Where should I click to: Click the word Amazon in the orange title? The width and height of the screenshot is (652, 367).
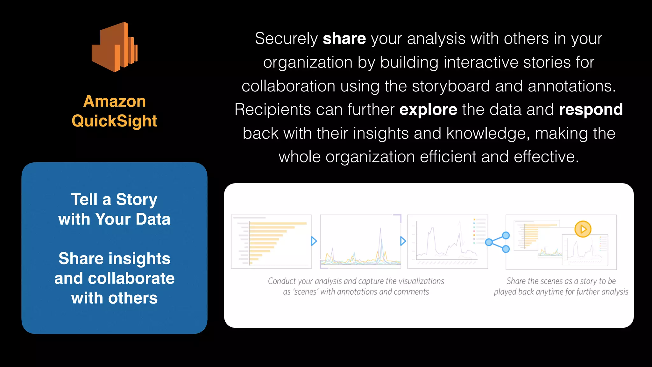point(115,101)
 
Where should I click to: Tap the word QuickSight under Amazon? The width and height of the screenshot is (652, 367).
point(115,121)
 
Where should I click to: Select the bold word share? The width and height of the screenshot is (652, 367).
point(344,39)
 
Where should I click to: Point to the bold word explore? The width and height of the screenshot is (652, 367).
point(428,110)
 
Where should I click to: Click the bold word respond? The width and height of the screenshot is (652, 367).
point(591,110)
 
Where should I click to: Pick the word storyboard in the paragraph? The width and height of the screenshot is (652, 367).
point(451,86)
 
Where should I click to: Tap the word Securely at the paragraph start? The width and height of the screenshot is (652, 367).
point(286,39)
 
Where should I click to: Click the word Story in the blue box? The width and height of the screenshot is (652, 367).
point(137,200)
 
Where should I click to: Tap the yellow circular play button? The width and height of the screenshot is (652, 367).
point(583,229)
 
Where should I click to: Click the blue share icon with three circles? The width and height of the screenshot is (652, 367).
point(498,242)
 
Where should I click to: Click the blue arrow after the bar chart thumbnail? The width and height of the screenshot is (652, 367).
point(314,241)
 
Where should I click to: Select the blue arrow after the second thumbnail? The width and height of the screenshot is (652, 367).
point(403,241)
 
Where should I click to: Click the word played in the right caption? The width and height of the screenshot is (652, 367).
point(505,292)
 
